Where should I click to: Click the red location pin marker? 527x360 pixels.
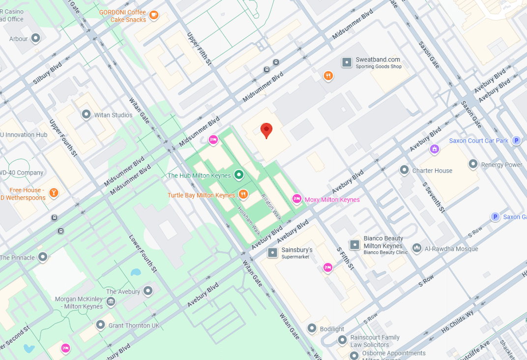tap(266, 130)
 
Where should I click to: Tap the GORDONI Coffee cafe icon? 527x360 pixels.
tap(154, 15)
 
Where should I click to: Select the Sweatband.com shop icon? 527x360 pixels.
tap(347, 62)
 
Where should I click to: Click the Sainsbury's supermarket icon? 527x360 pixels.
tap(272, 253)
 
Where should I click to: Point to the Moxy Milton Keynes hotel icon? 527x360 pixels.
tap(296, 199)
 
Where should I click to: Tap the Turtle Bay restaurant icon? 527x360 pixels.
tap(243, 195)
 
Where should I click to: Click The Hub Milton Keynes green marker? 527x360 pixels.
tap(239, 175)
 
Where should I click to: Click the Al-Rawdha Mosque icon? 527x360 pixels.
tap(417, 248)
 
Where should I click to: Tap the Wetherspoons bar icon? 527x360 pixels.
tap(54, 192)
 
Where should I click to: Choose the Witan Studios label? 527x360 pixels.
tap(113, 115)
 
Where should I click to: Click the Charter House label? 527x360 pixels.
tap(432, 171)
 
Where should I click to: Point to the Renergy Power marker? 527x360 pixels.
tap(473, 164)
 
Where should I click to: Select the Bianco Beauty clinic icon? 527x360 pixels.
tap(354, 244)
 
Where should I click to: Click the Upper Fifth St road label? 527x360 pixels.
tap(199, 49)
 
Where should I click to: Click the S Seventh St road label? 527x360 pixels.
tap(434, 197)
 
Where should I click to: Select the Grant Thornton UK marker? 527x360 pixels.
tap(101, 325)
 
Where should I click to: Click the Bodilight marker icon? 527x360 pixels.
tap(312, 328)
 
